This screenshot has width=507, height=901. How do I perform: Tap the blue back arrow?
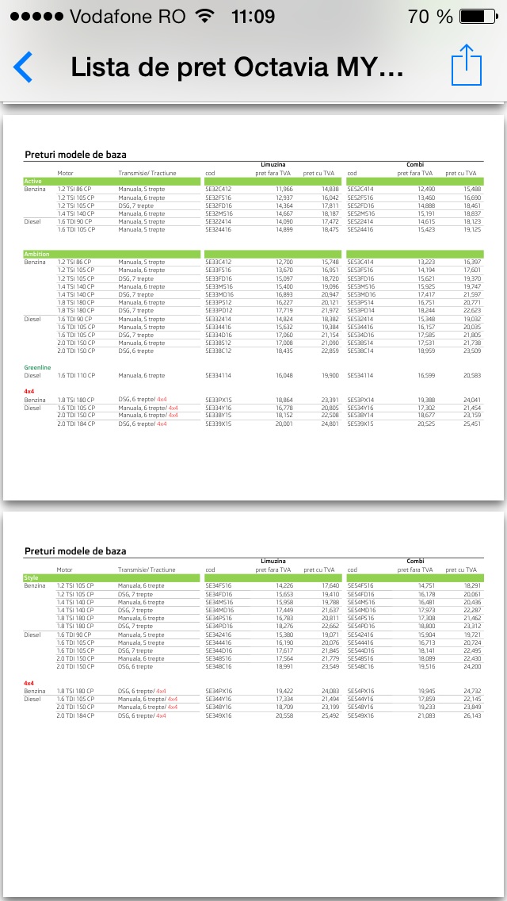(x=23, y=67)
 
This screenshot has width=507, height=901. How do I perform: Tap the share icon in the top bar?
(x=467, y=65)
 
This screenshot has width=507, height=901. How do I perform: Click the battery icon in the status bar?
(x=476, y=17)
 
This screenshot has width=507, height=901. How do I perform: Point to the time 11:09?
(x=253, y=17)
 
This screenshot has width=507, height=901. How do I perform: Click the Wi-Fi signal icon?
(x=204, y=17)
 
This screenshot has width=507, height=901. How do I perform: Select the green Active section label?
(x=32, y=182)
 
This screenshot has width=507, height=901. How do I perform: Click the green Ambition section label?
(x=36, y=254)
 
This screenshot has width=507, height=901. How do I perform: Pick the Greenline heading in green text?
(x=37, y=367)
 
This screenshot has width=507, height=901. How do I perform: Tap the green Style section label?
(x=31, y=578)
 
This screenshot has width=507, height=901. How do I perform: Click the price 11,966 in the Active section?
(x=284, y=190)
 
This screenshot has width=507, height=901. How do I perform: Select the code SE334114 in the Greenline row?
(x=218, y=376)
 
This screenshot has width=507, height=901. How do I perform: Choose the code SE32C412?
(x=218, y=190)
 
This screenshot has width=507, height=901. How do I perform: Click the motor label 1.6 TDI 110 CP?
(x=76, y=376)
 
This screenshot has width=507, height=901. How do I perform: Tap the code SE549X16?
(x=360, y=715)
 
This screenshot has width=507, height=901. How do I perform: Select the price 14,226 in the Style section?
(x=284, y=585)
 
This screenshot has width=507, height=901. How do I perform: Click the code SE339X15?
(x=218, y=424)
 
